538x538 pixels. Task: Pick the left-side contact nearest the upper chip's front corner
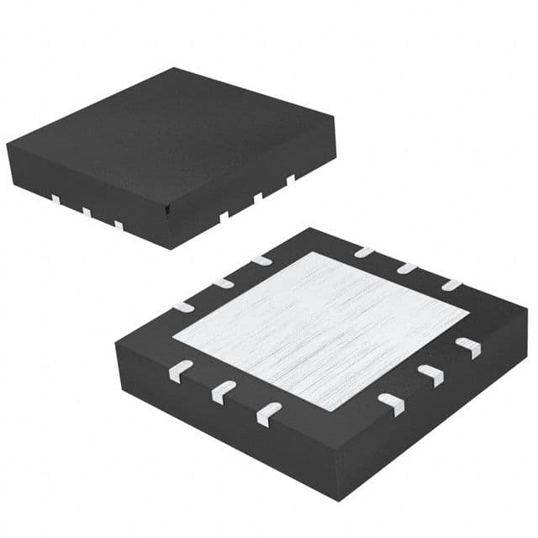[119, 225]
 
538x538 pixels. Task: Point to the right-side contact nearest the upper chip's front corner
[224, 216]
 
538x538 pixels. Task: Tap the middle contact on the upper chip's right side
[258, 198]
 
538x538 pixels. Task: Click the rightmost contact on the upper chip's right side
[290, 179]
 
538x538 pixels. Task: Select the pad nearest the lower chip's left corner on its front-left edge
[181, 367]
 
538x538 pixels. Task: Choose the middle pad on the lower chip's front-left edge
[224, 389]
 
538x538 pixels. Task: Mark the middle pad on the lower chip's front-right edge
[430, 374]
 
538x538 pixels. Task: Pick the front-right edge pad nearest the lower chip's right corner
[467, 346]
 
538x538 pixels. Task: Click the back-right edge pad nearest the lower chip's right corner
[451, 284]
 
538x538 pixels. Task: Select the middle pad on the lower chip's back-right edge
[408, 267]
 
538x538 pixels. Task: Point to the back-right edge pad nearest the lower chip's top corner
[364, 251]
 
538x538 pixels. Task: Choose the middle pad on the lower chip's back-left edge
[223, 282]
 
